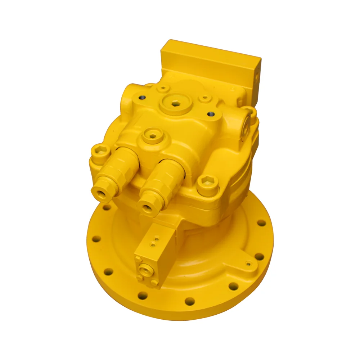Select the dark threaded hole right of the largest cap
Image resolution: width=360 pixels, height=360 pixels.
click(211, 114)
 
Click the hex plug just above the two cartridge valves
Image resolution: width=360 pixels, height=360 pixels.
click(153, 136)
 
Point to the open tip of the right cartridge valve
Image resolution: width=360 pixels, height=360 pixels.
click(146, 208)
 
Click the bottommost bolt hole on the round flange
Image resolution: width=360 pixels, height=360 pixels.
click(189, 301)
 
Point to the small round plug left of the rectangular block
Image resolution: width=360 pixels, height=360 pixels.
click(163, 87)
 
